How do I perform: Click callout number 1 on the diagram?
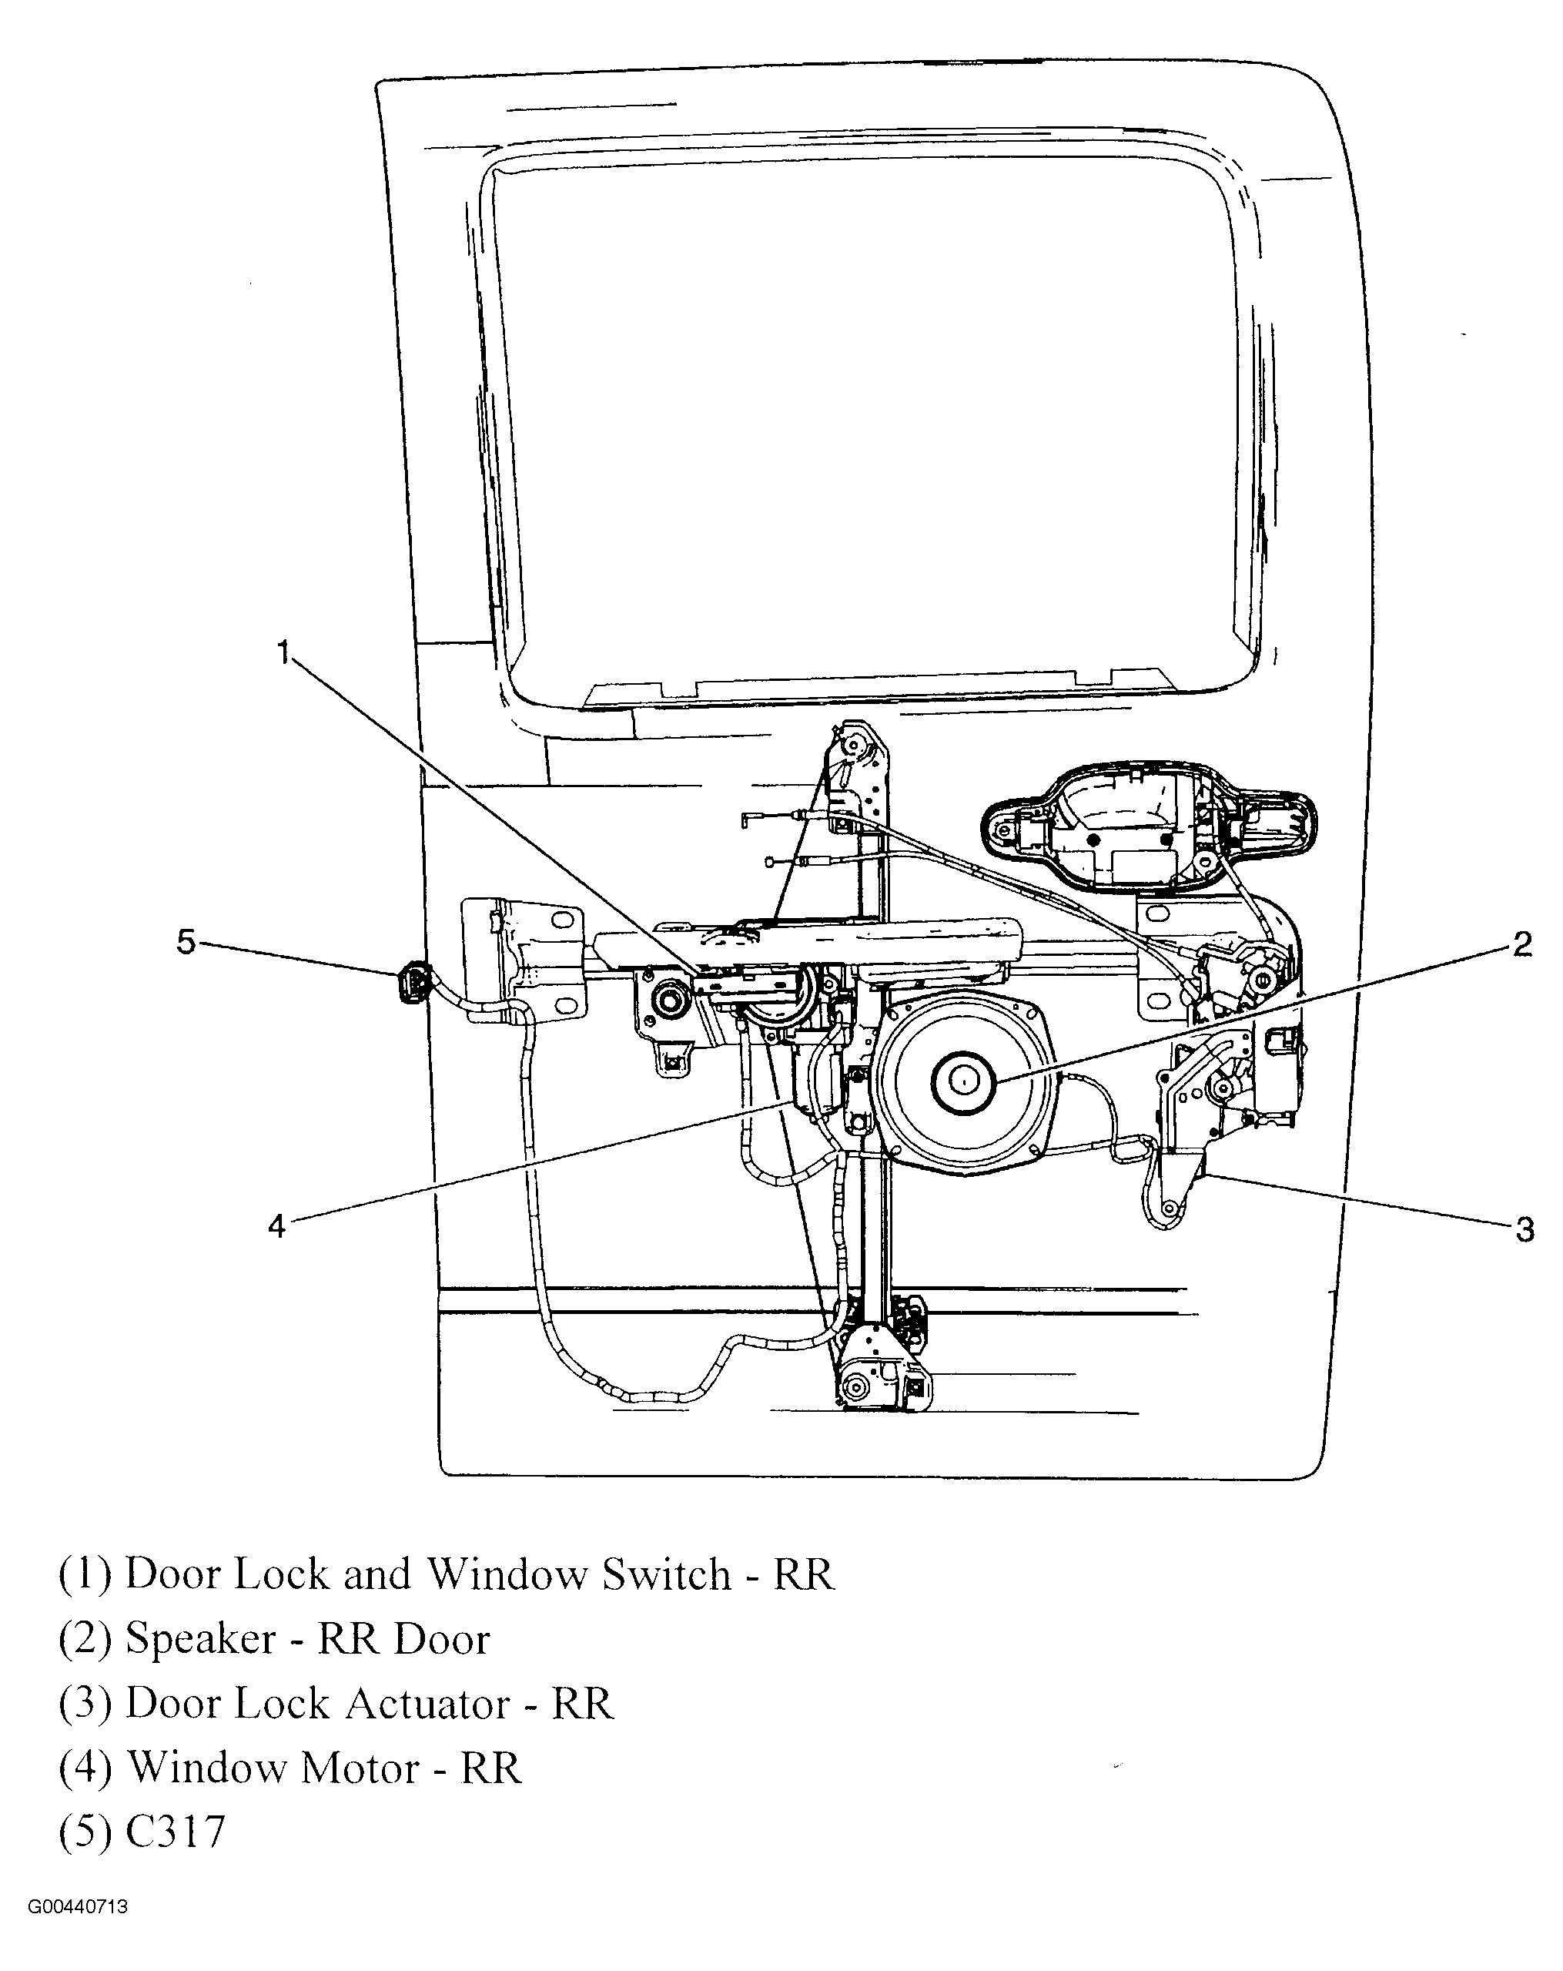point(284,654)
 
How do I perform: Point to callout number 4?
point(277,1225)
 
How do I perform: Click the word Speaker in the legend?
point(200,1639)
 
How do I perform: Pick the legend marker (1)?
point(85,1574)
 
